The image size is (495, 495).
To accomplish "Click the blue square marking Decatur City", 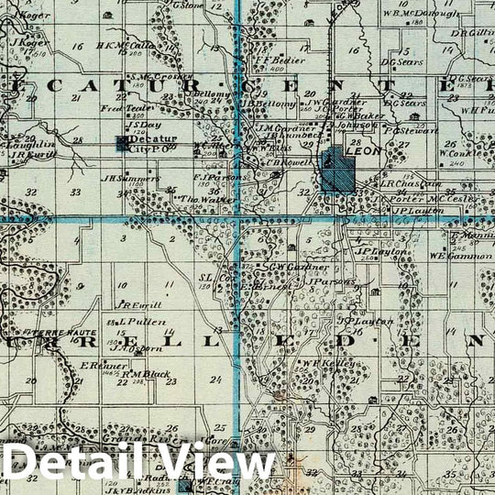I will [123, 143].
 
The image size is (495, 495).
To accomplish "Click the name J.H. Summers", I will [125, 178].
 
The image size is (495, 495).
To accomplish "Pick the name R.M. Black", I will [146, 374].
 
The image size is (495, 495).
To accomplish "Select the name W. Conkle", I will [455, 154].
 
